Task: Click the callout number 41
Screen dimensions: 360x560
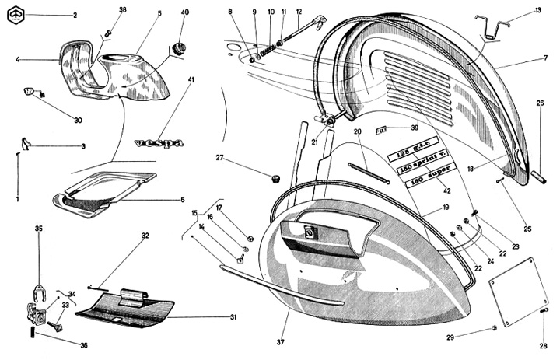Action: [191, 80]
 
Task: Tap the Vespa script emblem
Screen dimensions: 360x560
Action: [159, 143]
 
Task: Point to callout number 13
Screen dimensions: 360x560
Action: [538, 10]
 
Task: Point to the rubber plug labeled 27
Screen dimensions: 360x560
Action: [274, 179]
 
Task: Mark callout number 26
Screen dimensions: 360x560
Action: [540, 103]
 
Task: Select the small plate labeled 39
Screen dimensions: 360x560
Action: [383, 128]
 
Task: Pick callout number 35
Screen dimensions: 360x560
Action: [38, 229]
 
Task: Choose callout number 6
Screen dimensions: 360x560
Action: [181, 199]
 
